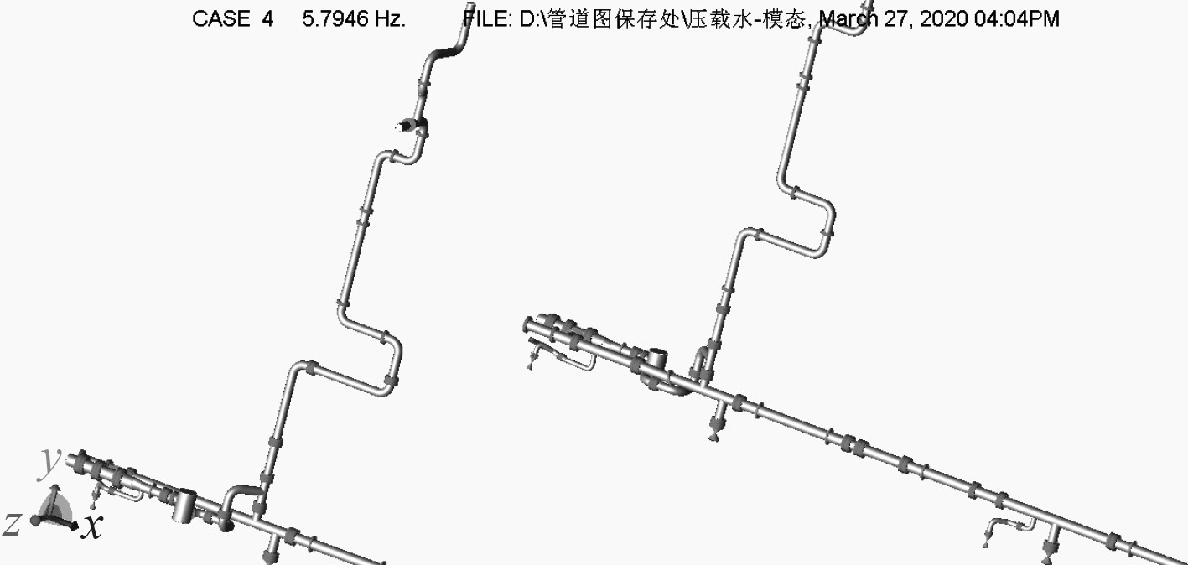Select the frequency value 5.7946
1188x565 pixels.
pyautogui.click(x=335, y=19)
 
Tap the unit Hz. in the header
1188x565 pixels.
pyautogui.click(x=390, y=19)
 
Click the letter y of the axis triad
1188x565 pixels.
pyautogui.click(x=51, y=460)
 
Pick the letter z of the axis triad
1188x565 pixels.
pyautogui.click(x=12, y=525)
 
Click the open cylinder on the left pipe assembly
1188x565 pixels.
pyautogui.click(x=184, y=506)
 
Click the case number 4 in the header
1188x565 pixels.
pyautogui.click(x=267, y=19)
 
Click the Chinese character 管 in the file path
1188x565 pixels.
pyautogui.click(x=554, y=19)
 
